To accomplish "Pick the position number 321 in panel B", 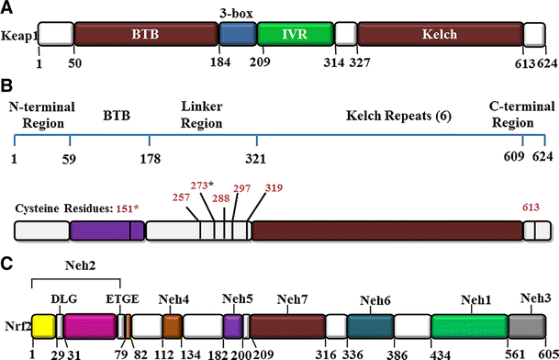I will point(257,157).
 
